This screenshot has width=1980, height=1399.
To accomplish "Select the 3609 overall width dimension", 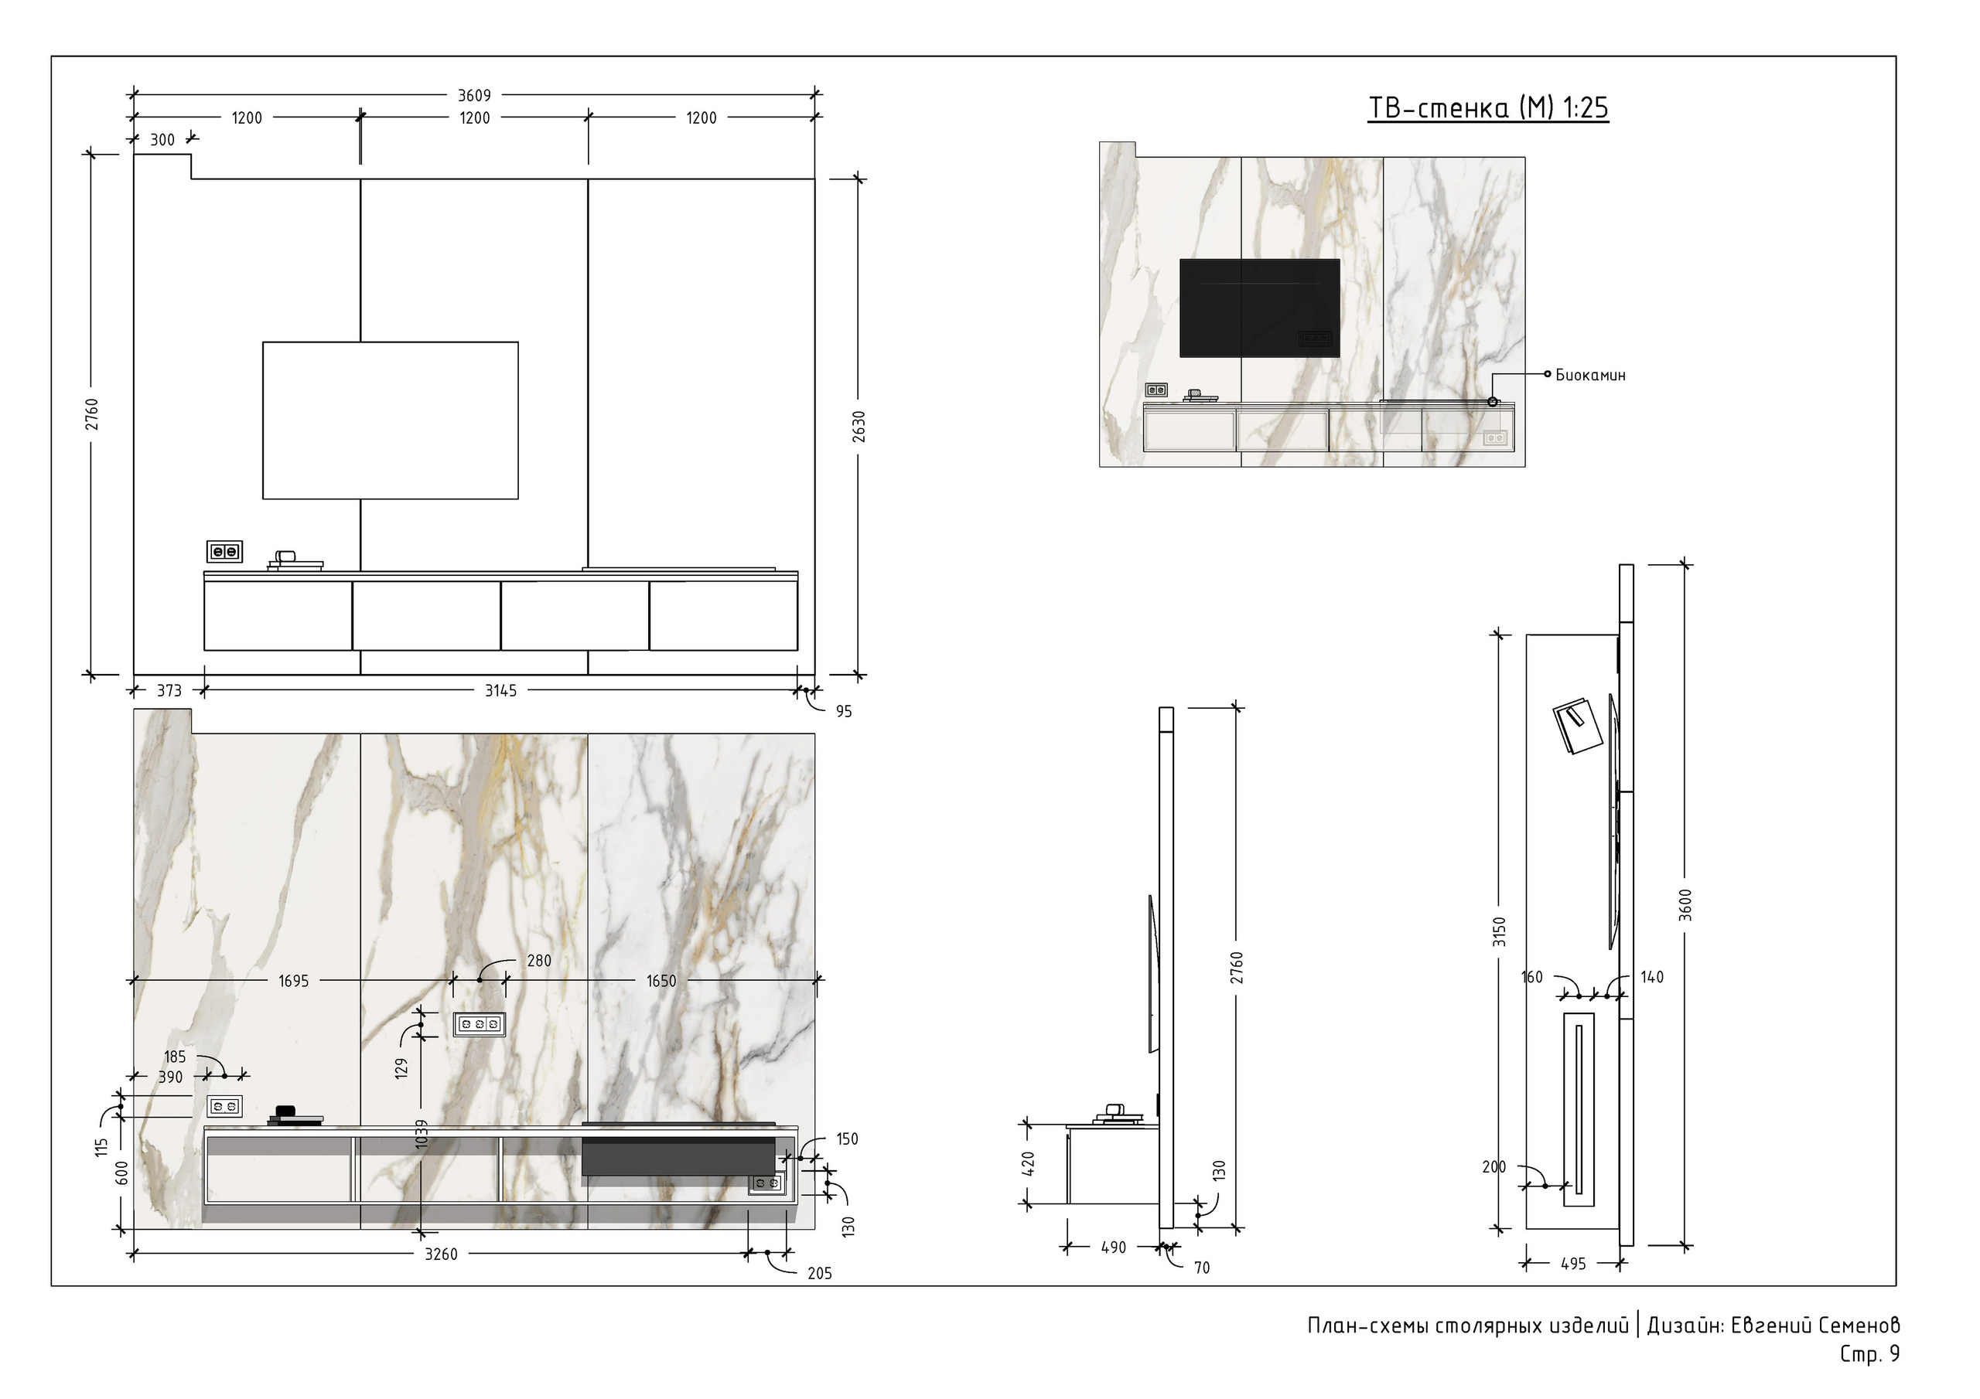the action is tap(474, 96).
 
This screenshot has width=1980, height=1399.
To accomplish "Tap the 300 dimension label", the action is tap(162, 140).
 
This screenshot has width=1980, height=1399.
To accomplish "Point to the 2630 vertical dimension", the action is tap(859, 427).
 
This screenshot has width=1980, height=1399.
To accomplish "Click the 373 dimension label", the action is tap(169, 690).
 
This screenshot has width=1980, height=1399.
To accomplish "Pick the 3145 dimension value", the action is tap(501, 690).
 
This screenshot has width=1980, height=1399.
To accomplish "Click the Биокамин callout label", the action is tap(1590, 375).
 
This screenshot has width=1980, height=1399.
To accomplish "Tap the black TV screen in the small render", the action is tap(1260, 308).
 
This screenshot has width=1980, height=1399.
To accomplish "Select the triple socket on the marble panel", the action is tap(480, 1024).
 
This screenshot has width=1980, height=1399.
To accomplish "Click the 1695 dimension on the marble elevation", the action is tap(293, 981).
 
